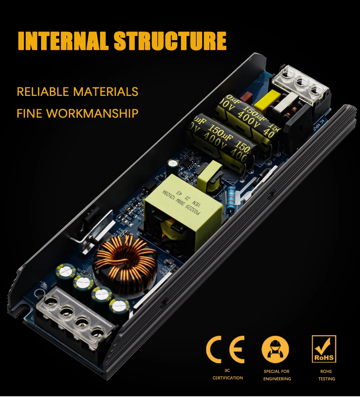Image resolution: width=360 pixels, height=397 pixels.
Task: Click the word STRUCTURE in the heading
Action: pyautogui.click(x=170, y=41)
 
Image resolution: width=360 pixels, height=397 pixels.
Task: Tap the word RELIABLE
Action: pyautogui.click(x=43, y=92)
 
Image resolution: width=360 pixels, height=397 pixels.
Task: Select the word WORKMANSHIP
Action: pyautogui.click(x=92, y=113)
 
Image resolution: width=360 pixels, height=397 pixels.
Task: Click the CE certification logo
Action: pyautogui.click(x=225, y=349)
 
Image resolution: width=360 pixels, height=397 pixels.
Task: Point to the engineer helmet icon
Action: pyautogui.click(x=275, y=349)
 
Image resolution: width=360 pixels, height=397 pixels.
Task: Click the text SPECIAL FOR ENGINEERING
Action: pyautogui.click(x=277, y=375)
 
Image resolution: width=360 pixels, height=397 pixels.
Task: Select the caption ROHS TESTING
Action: pyautogui.click(x=326, y=375)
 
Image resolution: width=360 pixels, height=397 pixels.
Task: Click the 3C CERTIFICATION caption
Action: pyautogui.click(x=228, y=374)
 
